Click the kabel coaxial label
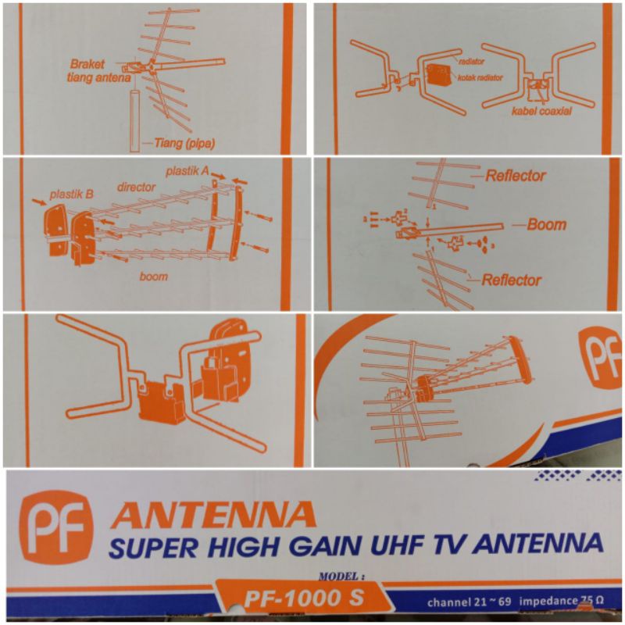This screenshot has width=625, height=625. [x=542, y=112]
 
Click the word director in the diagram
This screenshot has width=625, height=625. [x=137, y=188]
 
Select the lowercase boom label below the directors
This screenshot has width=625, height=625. [x=153, y=276]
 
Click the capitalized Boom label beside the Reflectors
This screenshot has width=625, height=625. [x=546, y=224]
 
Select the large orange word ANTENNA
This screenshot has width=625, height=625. [x=213, y=516]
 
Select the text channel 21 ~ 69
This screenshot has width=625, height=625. [x=467, y=602]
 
